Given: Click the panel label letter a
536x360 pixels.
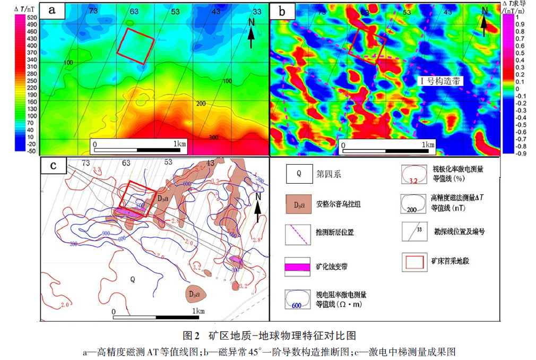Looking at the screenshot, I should pos(53,10).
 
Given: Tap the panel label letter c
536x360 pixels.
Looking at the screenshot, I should pos(53,165).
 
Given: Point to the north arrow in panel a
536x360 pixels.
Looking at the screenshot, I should pos(253,30).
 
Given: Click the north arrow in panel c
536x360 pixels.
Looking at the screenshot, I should pos(258,207).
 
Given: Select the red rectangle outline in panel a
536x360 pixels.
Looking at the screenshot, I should pos(135,45).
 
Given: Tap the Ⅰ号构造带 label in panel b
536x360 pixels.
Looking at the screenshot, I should pos(439,81).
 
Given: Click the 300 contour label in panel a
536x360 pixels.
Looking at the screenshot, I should pos(213,137).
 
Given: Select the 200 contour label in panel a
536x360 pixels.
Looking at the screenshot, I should pos(201,103).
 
